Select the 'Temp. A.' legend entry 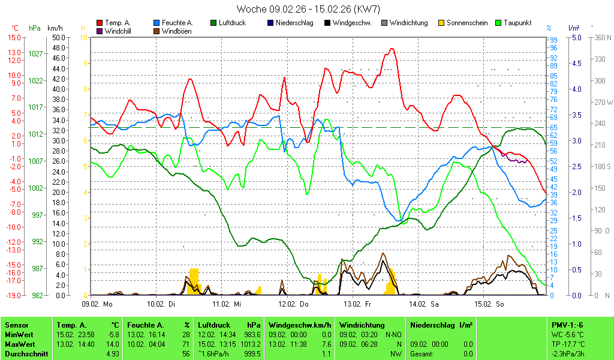point(118,23)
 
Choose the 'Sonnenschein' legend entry point(467,23)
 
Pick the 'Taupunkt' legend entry point(514,23)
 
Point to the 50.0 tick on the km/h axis point(59,37)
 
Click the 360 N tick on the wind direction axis point(600,37)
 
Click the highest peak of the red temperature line point(392,49)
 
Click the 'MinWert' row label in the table point(17,334)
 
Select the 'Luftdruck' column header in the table point(213,325)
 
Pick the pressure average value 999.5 point(253,354)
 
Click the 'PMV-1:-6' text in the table point(567,325)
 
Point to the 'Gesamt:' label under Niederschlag point(422,354)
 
